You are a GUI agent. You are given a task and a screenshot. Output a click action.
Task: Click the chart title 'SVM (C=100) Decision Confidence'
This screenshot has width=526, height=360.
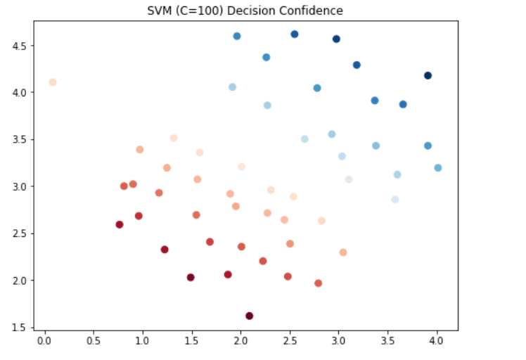245,11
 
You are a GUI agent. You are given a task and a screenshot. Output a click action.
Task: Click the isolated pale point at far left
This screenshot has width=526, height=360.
53,82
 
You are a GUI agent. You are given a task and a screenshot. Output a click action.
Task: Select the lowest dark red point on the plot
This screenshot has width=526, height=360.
249,316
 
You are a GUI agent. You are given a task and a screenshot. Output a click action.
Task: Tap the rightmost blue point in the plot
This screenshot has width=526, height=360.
438,168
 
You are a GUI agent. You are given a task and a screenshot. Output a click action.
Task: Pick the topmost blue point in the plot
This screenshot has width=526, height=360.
295,34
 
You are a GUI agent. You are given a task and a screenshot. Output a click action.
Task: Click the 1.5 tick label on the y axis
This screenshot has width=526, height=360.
19,328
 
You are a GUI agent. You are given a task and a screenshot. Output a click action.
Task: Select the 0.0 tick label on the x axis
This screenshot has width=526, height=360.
44,341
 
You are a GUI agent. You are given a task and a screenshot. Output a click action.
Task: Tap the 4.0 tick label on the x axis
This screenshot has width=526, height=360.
436,341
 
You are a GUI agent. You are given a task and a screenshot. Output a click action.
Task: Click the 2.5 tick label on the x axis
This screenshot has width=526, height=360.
290,341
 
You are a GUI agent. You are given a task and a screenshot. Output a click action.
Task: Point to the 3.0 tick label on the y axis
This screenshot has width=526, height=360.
19,186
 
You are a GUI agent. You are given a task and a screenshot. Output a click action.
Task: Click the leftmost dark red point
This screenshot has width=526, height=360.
120,224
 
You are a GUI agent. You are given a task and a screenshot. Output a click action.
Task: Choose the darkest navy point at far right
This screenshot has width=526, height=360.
428,75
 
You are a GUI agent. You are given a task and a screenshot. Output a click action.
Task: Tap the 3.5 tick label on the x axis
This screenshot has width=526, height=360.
387,341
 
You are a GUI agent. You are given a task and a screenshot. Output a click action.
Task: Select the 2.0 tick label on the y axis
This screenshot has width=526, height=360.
19,281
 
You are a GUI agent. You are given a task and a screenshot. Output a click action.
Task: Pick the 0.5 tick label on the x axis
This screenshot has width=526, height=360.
94,341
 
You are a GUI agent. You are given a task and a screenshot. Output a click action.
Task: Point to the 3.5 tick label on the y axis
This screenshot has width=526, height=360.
19,140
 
